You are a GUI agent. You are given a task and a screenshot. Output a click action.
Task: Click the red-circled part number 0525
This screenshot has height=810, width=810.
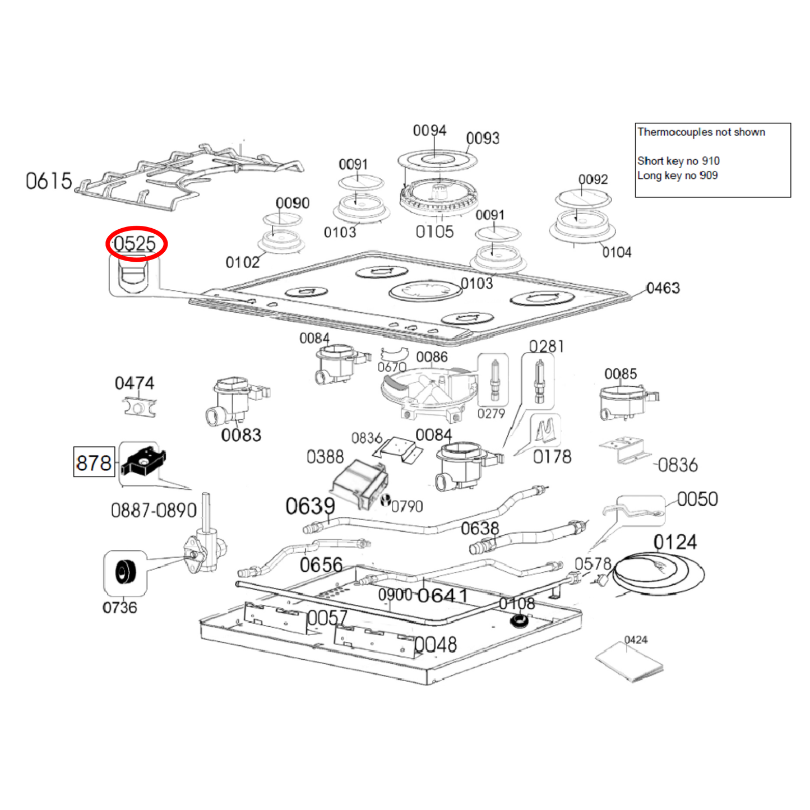click(135, 244)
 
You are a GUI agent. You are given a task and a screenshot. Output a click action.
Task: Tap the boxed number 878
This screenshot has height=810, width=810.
click(94, 462)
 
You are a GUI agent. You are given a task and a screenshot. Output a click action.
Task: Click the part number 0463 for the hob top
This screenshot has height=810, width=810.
click(663, 288)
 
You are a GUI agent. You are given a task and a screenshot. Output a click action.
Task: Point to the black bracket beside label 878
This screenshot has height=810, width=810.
click(144, 460)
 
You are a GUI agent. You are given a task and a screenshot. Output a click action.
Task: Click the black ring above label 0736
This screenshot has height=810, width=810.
click(125, 572)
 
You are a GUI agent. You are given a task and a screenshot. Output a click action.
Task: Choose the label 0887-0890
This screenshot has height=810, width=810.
click(153, 510)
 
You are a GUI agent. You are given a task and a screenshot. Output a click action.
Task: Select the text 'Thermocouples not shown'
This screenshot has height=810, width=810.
click(701, 132)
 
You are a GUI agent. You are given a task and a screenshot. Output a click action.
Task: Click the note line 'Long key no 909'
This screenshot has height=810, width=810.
click(677, 175)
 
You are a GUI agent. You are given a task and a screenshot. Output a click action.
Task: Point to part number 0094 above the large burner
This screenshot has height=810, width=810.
click(429, 131)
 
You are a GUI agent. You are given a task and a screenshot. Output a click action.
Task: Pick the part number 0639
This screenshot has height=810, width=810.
click(310, 506)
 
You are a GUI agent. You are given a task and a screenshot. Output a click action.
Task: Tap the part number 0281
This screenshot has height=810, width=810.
click(546, 346)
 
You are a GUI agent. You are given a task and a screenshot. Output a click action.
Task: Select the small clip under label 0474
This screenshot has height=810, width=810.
click(138, 406)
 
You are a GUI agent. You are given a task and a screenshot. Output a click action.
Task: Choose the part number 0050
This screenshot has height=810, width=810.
click(697, 499)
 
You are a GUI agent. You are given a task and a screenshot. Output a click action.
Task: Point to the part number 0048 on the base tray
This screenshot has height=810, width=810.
click(436, 645)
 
